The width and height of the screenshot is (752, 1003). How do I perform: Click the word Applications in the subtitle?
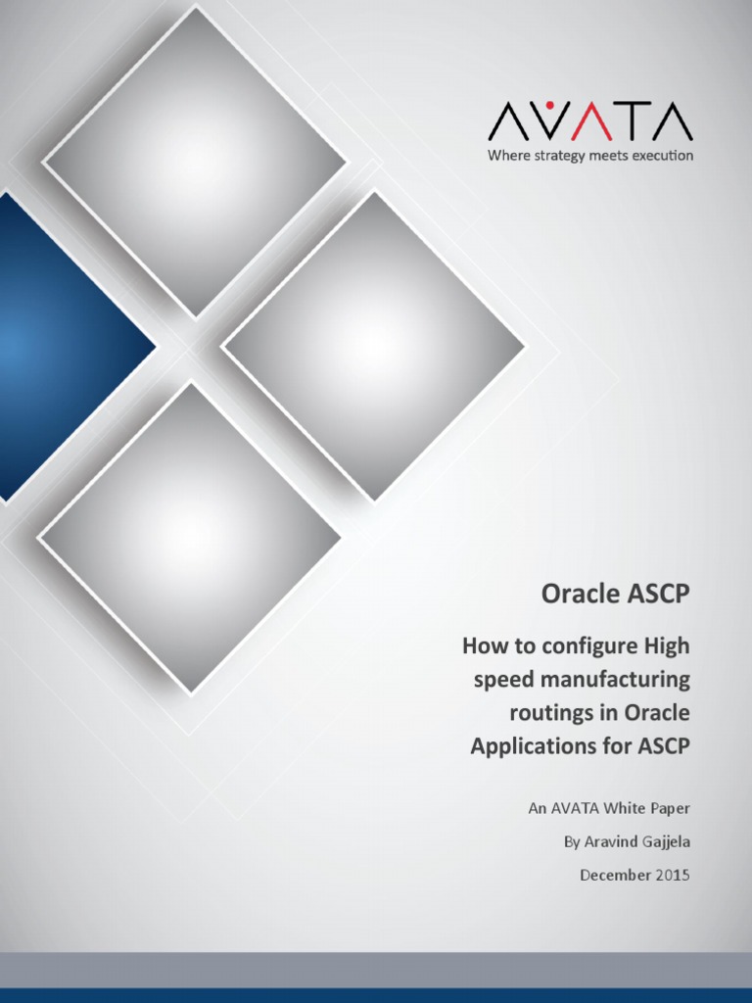529,745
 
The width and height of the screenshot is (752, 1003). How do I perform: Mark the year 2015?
671,875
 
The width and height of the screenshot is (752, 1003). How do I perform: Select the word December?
614,875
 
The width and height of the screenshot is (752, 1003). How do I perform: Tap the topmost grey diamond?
193,162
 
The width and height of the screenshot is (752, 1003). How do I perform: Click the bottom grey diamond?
189,538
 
